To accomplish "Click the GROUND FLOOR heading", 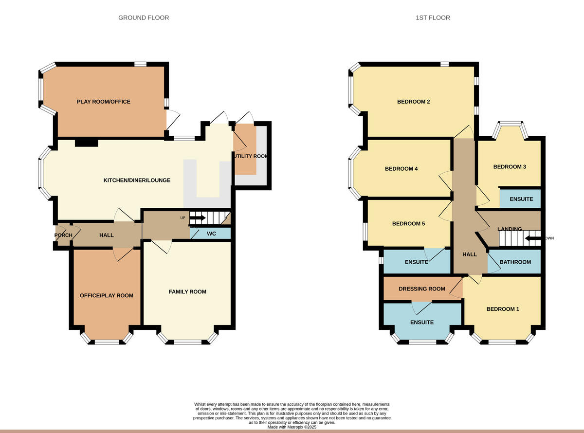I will click(144, 18).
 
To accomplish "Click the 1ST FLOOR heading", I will click(433, 18).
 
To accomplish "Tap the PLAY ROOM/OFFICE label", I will click(104, 102).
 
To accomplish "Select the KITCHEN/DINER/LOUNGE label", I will click(137, 180).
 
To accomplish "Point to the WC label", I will click(211, 234).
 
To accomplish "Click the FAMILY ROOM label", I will click(187, 292).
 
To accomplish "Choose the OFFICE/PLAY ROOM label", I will click(107, 295).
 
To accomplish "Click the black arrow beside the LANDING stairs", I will click(532, 238).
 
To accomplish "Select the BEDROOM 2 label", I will click(414, 102).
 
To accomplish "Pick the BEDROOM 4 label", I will click(401, 169).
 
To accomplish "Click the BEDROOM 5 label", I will click(409, 224).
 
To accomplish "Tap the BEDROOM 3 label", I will click(510, 167).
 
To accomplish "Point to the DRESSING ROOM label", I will click(422, 289).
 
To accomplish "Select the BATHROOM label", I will click(515, 262).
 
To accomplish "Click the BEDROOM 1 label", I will click(503, 309).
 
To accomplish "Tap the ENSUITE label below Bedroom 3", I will click(521, 199).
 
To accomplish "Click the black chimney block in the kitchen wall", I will click(87, 143).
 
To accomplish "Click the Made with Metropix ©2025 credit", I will click(292, 427).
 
